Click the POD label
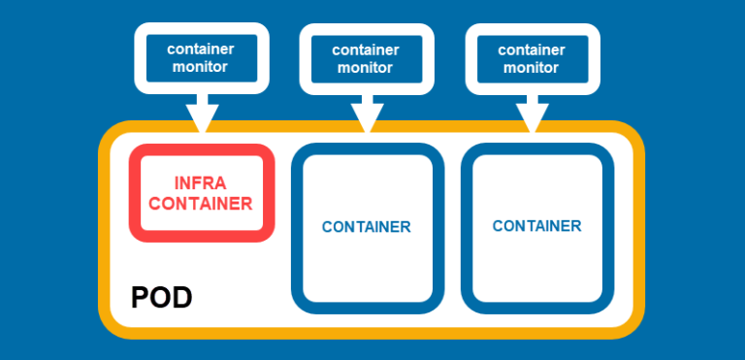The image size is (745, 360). (x=161, y=298)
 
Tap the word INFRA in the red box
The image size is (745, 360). (x=201, y=183)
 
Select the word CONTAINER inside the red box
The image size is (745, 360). (x=201, y=204)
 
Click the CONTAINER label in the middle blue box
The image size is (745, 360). (x=366, y=227)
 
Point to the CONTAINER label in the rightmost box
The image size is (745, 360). (x=536, y=226)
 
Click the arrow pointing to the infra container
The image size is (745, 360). (x=202, y=112)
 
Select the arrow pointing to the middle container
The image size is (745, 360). (x=367, y=113)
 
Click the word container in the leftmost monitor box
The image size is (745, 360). (x=200, y=49)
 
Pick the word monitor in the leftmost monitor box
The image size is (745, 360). (x=200, y=67)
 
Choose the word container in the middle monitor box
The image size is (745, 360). (x=365, y=49)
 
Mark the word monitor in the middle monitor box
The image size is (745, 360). (x=365, y=68)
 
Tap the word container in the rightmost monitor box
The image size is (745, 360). (x=531, y=49)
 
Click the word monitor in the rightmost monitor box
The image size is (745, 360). (x=531, y=68)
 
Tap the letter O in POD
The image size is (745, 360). (x=160, y=298)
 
